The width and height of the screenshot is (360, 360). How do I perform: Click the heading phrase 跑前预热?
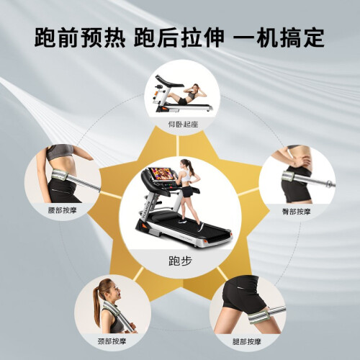point(80,37)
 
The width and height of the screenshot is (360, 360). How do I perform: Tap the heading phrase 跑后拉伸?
point(179,37)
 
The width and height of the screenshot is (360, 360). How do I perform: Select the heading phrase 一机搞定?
point(279,37)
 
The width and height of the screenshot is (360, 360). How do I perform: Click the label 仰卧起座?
point(183,125)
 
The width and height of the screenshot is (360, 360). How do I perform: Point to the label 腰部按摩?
point(62,210)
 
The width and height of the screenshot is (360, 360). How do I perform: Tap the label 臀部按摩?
point(296,212)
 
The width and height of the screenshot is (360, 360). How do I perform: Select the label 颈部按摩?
point(112,341)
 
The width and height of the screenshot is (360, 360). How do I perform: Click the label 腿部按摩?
point(246,341)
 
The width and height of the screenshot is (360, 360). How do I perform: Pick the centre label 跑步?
point(180,261)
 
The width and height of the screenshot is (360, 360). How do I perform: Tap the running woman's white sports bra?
point(186,176)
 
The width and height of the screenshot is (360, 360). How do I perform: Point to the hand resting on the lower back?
point(300,160)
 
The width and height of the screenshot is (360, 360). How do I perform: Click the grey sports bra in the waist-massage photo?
point(60,152)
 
